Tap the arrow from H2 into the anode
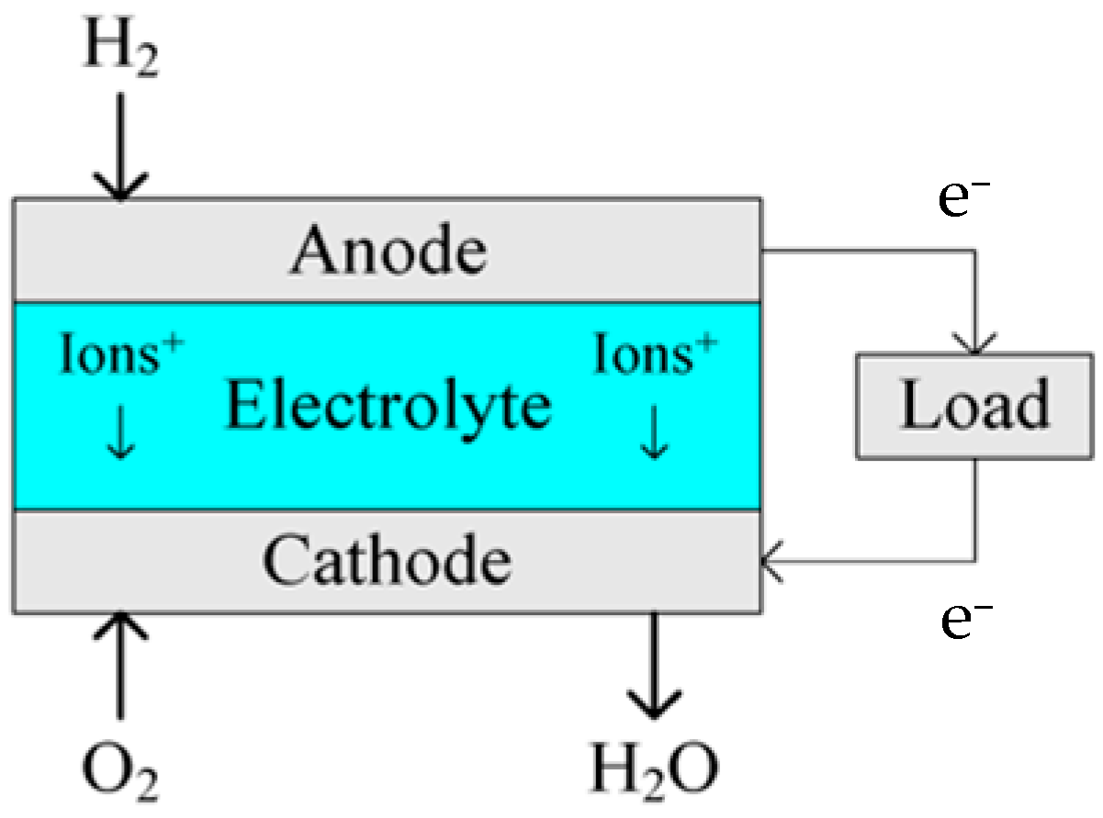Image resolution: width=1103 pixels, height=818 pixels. click(120, 147)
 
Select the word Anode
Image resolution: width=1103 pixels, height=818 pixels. click(388, 250)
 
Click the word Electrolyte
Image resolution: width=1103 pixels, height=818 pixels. click(388, 406)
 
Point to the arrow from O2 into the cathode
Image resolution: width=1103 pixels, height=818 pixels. click(119, 665)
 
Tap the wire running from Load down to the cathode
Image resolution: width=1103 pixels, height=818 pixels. click(974, 510)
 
